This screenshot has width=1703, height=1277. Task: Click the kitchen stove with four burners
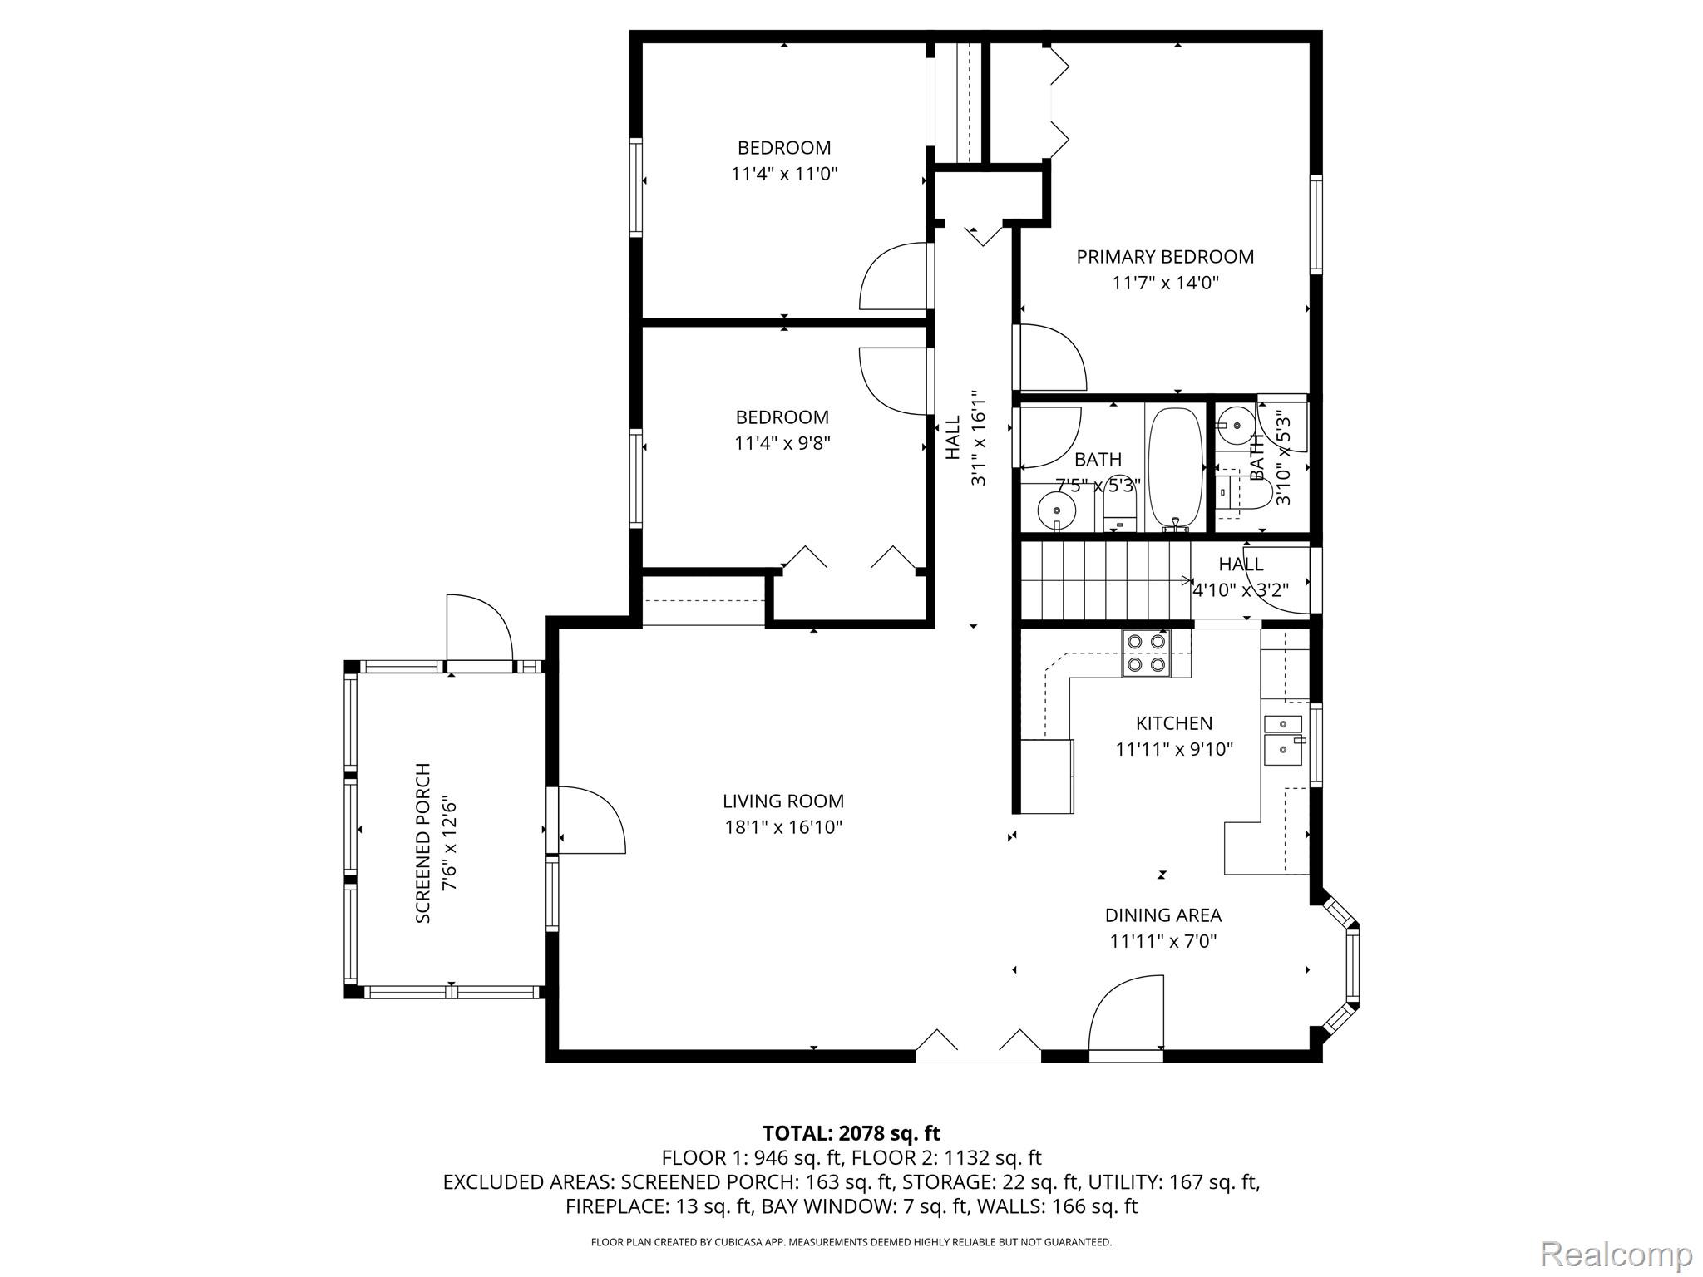[1145, 653]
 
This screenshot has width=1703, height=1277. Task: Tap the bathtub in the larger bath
[1174, 467]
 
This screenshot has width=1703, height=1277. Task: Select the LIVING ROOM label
[782, 801]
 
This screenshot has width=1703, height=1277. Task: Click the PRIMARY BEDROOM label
[1164, 257]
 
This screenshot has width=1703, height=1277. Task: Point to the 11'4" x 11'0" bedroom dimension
[783, 175]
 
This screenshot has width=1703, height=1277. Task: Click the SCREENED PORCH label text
[422, 842]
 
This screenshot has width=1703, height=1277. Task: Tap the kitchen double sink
[1283, 737]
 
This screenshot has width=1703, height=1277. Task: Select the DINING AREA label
[1162, 915]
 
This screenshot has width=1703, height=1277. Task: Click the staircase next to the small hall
[1104, 580]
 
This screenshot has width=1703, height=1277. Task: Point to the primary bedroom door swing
[1049, 357]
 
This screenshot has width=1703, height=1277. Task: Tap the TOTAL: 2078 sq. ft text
[851, 1133]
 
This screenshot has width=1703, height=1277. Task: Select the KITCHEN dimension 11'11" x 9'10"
[1173, 750]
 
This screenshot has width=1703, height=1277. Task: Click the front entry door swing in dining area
[1125, 1016]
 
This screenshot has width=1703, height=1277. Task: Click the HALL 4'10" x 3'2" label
[1241, 577]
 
